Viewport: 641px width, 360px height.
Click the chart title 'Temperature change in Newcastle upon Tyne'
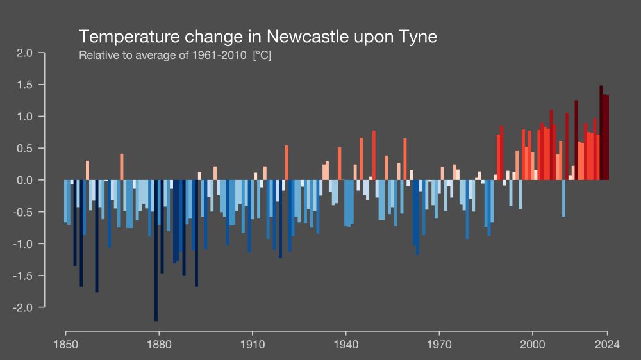[258, 37]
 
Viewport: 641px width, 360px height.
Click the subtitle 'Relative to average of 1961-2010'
[163, 56]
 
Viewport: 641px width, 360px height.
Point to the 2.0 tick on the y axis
[25, 53]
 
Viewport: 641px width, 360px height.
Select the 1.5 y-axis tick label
[25, 85]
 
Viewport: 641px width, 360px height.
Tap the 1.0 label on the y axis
[25, 117]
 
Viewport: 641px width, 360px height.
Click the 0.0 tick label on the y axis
[25, 180]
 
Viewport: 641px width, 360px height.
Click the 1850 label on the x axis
[65, 344]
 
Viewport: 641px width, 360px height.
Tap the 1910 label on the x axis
[252, 344]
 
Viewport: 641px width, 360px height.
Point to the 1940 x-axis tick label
[345, 344]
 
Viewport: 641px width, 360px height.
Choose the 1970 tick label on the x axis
[439, 344]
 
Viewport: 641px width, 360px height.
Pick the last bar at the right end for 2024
[607, 138]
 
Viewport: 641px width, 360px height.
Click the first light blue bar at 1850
[65, 201]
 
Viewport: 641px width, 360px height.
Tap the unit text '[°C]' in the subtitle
[262, 56]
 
